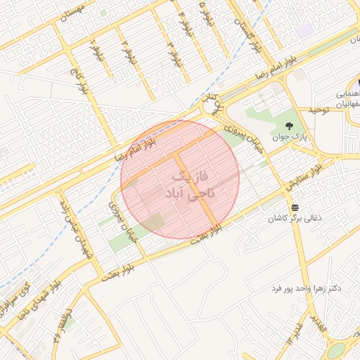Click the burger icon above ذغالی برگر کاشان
[x=294, y=207]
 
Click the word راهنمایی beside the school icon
[x=348, y=92]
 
